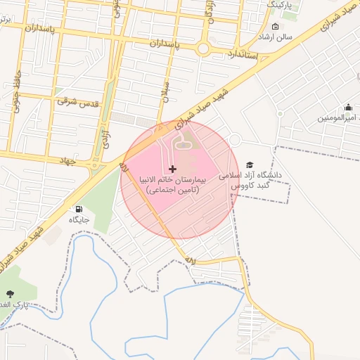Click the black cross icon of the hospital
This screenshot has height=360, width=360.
pyautogui.click(x=173, y=169)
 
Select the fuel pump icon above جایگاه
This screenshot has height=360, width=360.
pyautogui.click(x=78, y=209)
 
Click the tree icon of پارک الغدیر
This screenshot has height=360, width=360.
pyautogui.click(x=10, y=294)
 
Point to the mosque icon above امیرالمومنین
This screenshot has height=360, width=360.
pyautogui.click(x=348, y=108)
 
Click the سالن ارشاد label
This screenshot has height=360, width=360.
pyautogui.click(x=274, y=36)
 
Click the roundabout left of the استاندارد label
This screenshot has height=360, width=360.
pyautogui.click(x=204, y=49)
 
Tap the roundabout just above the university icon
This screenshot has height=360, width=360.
pyautogui.click(x=236, y=139)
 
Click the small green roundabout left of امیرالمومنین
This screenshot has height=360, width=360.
pyautogui.click(x=280, y=113)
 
